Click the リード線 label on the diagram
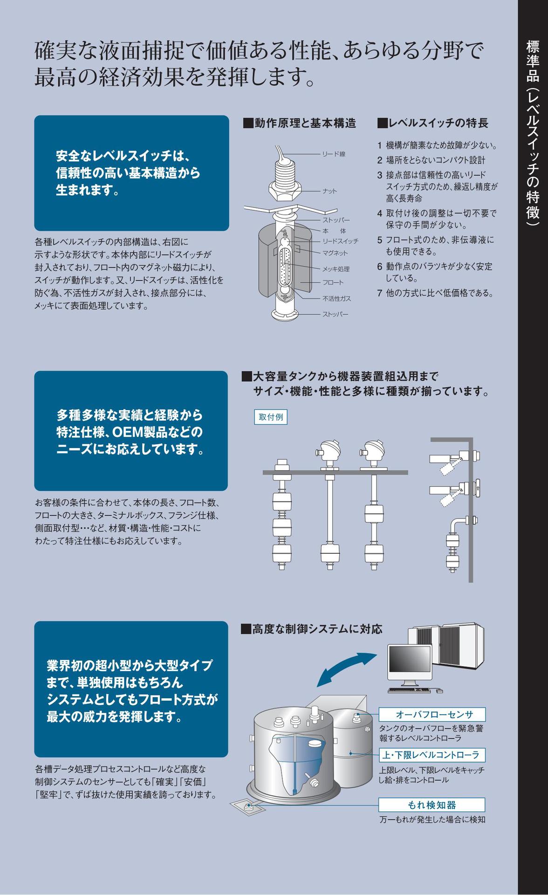[334, 154]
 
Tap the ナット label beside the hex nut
[329, 191]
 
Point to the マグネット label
[335, 253]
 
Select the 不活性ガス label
[336, 298]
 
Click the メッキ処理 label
[336, 269]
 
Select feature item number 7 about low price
[435, 293]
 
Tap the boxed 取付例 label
[271, 417]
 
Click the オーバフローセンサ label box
[432, 715]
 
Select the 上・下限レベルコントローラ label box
[432, 755]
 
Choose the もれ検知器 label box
[432, 805]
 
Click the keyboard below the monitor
[410, 690]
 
